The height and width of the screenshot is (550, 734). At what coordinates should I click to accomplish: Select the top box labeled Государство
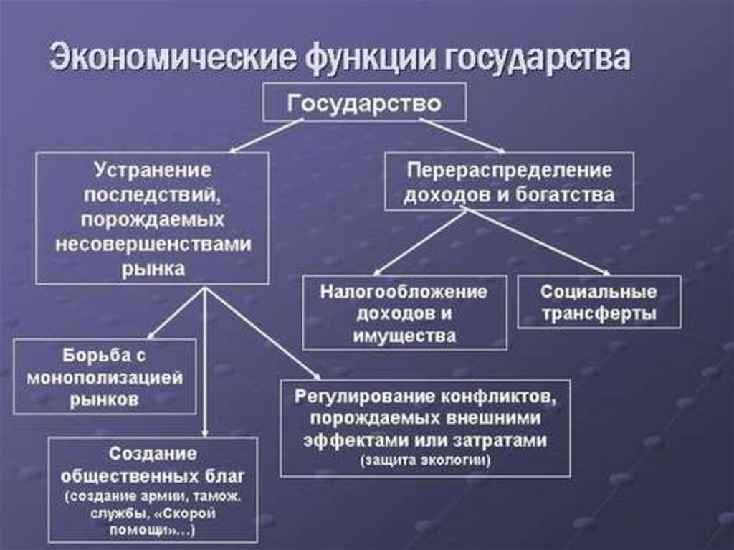(364, 102)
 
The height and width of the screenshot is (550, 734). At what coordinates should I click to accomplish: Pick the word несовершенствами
(153, 244)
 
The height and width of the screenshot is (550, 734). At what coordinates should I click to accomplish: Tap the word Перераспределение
(509, 171)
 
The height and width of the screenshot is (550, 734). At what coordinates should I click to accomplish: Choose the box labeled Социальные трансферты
(599, 302)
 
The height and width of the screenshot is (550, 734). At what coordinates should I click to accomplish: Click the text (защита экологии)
(426, 461)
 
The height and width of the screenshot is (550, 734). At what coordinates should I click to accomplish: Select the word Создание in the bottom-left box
(153, 454)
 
